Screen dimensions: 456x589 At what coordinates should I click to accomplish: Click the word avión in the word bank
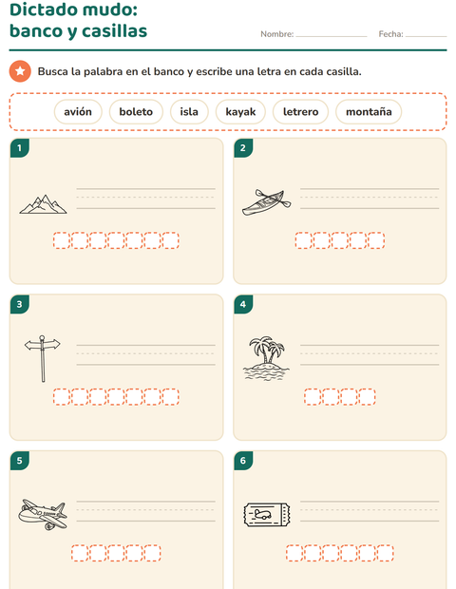(78, 111)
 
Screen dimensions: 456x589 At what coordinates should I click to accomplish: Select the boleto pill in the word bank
(136, 111)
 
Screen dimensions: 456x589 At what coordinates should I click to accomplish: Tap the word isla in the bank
(189, 111)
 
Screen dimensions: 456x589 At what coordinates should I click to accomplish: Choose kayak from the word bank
(240, 111)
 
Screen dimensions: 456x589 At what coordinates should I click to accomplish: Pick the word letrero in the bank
(300, 111)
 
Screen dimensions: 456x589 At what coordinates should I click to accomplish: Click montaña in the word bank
(369, 111)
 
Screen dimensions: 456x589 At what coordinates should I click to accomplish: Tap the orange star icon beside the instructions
(20, 71)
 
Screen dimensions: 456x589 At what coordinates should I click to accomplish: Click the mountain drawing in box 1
(43, 204)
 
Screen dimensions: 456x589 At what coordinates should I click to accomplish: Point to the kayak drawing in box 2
(266, 202)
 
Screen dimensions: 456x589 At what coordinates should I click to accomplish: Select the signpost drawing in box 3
(43, 358)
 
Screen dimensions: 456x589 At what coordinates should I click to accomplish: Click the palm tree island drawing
(266, 358)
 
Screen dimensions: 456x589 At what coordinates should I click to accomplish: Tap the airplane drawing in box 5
(43, 514)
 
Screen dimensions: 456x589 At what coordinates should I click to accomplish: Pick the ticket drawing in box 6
(267, 515)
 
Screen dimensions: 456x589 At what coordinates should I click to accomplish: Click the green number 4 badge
(243, 304)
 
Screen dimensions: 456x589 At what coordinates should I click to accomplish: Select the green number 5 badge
(20, 460)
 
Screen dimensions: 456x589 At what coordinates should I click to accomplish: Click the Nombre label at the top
(277, 34)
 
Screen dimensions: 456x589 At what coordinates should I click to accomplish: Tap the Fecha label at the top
(391, 34)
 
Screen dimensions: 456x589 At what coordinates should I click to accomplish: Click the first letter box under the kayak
(303, 240)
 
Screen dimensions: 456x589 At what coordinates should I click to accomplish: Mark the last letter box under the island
(367, 397)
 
